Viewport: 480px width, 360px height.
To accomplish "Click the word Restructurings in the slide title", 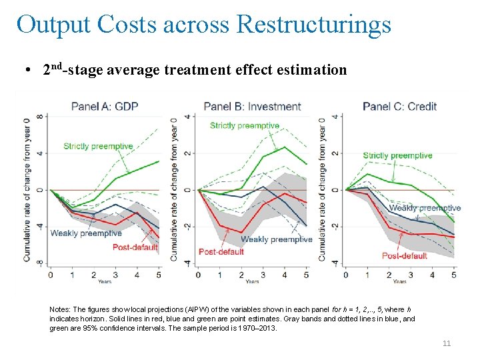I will pyautogui.click(x=313, y=24).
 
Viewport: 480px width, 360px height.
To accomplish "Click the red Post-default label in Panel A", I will pyautogui.click(x=135, y=247).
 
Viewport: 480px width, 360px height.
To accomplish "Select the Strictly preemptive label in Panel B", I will pyautogui.click(x=244, y=125).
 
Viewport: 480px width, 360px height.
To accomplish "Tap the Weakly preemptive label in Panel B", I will pyautogui.click(x=276, y=239).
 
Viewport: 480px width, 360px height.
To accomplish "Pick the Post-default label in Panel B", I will pyautogui.click(x=221, y=252).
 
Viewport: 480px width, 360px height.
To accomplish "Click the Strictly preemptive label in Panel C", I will pyautogui.click(x=397, y=156).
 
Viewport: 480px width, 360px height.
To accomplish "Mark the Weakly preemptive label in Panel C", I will pyautogui.click(x=425, y=208).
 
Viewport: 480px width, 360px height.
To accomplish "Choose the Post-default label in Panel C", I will pyautogui.click(x=405, y=255).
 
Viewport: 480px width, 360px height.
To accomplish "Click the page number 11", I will pyautogui.click(x=447, y=343).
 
